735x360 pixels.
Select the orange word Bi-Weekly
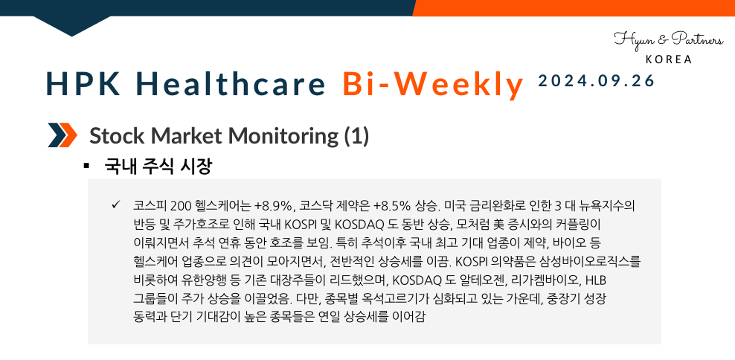(433, 84)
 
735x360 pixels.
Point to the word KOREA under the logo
(668, 60)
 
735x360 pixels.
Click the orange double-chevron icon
(62, 135)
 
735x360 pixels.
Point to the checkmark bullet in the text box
(115, 204)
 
